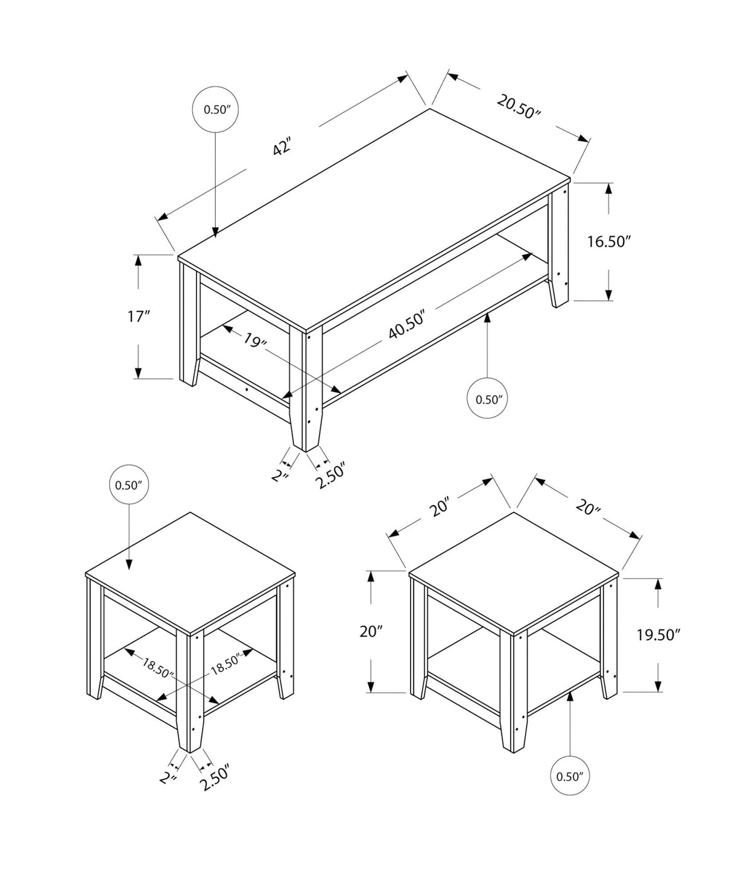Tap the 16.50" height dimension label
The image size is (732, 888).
[x=609, y=242]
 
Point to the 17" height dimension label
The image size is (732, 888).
[x=139, y=316]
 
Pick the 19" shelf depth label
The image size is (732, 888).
[x=255, y=341]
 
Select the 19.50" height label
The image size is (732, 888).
[x=658, y=634]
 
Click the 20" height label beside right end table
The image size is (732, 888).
[x=371, y=632]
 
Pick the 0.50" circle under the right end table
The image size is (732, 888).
[x=570, y=776]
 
